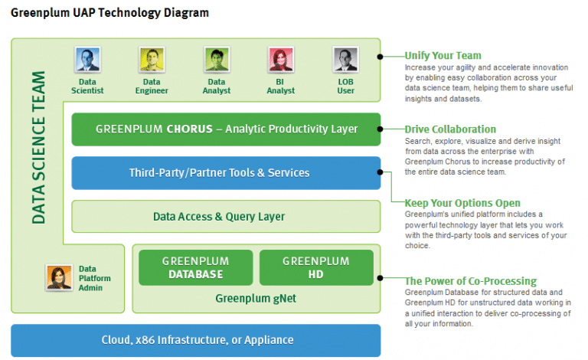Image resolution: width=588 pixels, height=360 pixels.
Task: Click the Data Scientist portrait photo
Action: (x=87, y=59)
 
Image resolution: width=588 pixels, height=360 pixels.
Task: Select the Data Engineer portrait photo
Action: (x=152, y=59)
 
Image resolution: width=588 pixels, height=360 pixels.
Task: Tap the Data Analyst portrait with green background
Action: (x=217, y=59)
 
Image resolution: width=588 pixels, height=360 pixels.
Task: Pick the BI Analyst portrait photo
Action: (x=281, y=59)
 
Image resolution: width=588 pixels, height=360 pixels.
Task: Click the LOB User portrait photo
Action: (x=345, y=59)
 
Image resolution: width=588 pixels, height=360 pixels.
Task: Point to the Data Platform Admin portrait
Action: (x=59, y=277)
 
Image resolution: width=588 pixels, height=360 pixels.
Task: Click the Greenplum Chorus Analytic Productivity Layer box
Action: (x=226, y=129)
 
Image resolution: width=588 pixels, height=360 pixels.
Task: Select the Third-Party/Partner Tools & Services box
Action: (x=226, y=173)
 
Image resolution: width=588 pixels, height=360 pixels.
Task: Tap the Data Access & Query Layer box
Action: (x=226, y=216)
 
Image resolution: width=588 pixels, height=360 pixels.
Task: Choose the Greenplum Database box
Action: (x=196, y=267)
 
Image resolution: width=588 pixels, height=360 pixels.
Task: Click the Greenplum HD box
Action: (x=316, y=267)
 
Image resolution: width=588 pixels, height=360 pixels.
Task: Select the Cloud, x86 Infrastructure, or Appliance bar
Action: (x=196, y=341)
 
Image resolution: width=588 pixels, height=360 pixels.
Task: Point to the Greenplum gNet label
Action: (x=256, y=299)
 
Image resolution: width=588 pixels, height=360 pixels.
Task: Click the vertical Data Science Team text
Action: (x=38, y=148)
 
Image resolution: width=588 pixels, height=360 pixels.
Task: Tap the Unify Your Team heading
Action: (x=443, y=55)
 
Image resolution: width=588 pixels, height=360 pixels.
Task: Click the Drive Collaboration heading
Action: (x=450, y=129)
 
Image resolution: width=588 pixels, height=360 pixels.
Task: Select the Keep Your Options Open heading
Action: (x=462, y=203)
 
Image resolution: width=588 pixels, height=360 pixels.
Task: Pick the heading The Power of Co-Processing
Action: (x=471, y=281)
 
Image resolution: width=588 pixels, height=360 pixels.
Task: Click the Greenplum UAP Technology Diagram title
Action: (x=109, y=13)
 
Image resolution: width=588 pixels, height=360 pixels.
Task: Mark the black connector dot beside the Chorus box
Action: (x=380, y=129)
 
